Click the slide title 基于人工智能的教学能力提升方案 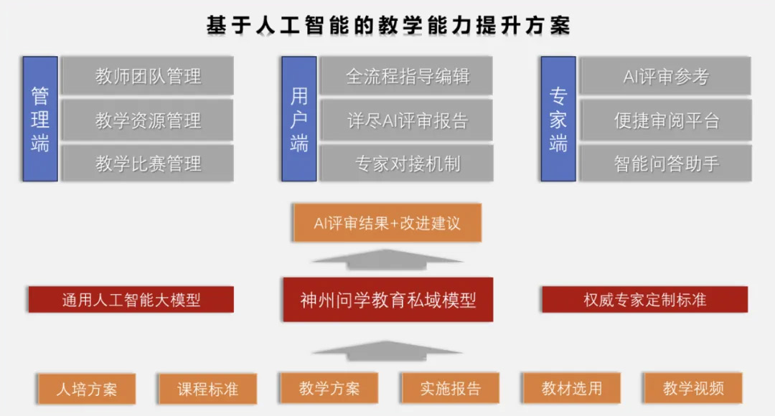point(387,25)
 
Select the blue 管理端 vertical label point(40,118)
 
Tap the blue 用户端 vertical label point(299,118)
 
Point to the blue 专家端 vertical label point(558,118)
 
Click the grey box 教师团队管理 point(148,76)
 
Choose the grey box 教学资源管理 point(148,120)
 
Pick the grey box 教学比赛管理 point(148,164)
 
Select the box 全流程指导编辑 point(407,76)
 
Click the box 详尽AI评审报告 point(407,120)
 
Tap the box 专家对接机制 point(407,164)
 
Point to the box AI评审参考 point(665,76)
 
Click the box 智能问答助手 point(665,164)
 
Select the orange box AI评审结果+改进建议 point(387,223)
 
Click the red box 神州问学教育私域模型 point(387,299)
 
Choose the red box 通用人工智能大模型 point(131,299)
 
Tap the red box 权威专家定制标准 point(644,299)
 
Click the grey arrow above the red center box point(387,259)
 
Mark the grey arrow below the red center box point(387,350)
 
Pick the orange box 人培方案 point(86,389)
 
